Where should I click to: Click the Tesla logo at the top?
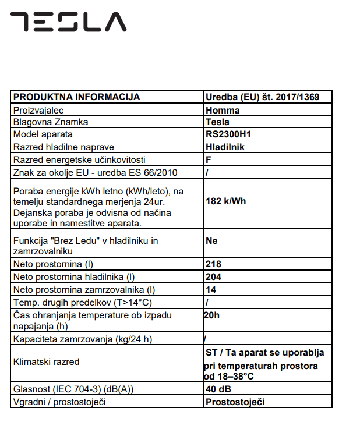(x=68, y=22)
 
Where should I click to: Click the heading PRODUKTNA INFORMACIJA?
(x=76, y=97)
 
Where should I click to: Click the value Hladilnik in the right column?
(x=225, y=147)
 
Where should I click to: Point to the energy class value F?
(x=209, y=159)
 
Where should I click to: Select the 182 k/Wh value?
(x=227, y=201)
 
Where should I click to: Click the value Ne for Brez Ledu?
(x=212, y=240)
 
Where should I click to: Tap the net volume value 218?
(x=214, y=264)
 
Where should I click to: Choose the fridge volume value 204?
(x=214, y=276)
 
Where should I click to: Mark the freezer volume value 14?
(x=211, y=289)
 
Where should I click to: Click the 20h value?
(x=212, y=315)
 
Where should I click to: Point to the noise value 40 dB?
(x=217, y=389)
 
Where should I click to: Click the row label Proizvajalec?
(x=38, y=110)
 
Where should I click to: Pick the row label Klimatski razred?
(x=46, y=362)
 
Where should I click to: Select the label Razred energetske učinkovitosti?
(x=79, y=159)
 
